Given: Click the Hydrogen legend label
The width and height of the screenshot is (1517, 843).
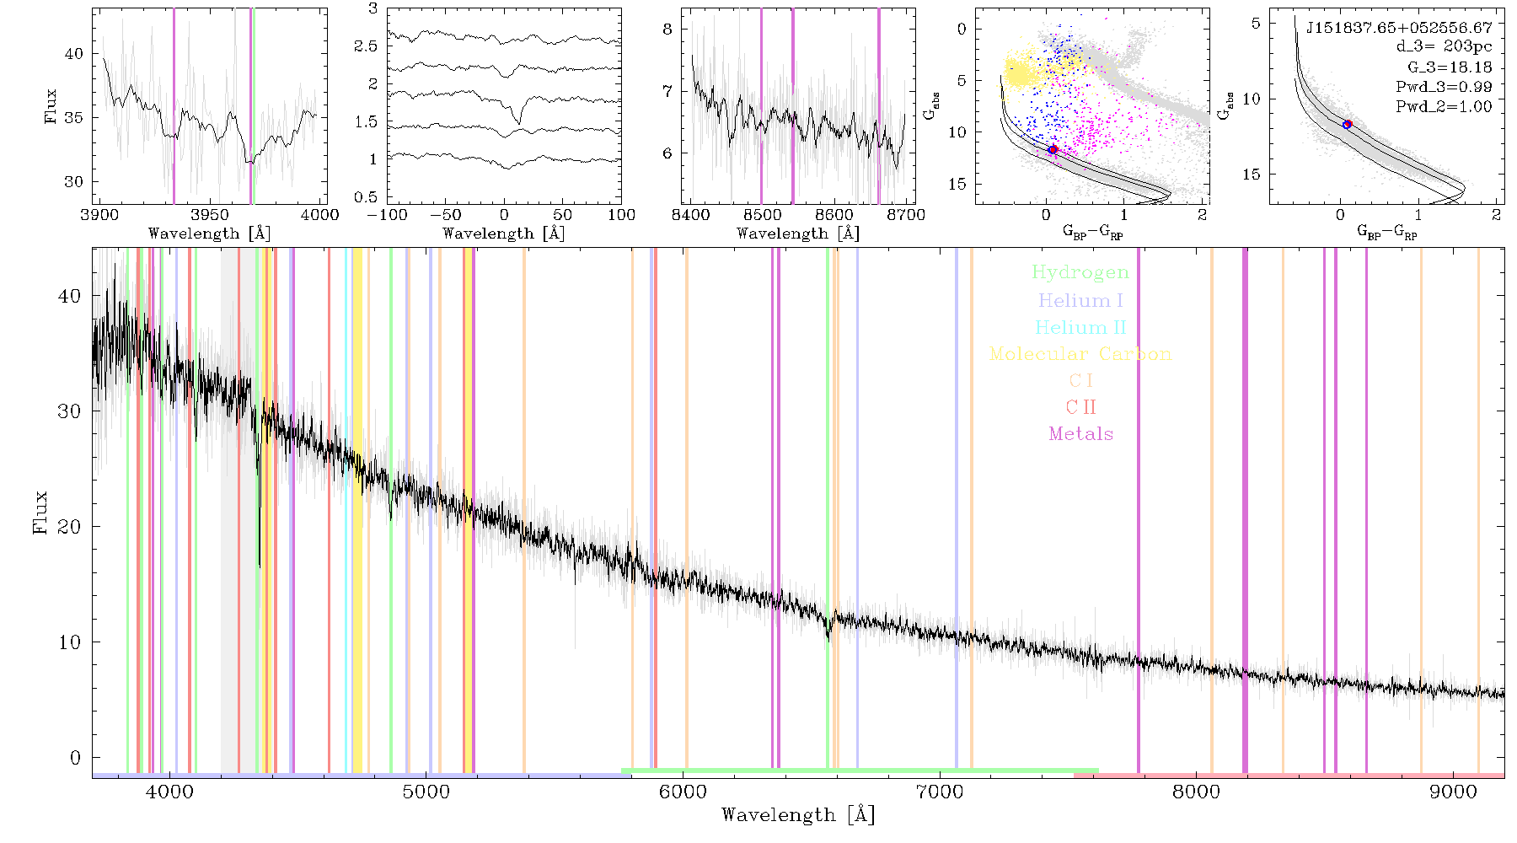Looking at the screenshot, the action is [1080, 272].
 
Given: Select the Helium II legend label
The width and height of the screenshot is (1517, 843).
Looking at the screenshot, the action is [1080, 327].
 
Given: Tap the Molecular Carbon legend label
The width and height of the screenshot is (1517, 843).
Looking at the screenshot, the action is [1080, 354].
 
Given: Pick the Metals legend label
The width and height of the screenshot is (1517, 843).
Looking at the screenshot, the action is [1081, 434].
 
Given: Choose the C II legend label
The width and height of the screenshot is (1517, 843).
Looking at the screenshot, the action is [1080, 407].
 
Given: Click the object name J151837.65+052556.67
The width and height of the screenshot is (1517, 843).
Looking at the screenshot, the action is [1399, 28].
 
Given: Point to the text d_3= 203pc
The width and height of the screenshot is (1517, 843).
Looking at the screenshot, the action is [1444, 47].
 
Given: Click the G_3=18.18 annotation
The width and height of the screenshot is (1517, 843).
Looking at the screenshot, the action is [1450, 67].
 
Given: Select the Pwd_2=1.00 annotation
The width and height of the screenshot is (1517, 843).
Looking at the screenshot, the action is [1444, 107].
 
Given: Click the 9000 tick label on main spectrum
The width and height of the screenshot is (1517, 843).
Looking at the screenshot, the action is [1453, 792].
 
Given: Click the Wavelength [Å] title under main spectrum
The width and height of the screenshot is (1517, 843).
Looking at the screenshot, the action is [798, 815].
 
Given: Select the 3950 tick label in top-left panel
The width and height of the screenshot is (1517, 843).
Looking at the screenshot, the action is [210, 215].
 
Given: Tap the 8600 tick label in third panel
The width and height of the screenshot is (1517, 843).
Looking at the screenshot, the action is [834, 215].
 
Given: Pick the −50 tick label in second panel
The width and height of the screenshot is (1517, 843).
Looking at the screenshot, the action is [445, 215].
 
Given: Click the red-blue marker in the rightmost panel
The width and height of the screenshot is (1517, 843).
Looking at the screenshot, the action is [1348, 125].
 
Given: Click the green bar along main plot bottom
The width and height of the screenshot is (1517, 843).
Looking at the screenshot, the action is [860, 771].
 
